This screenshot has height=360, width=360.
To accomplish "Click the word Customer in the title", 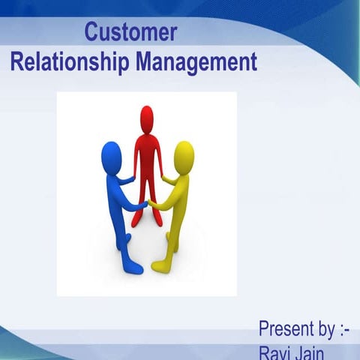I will click(130, 33).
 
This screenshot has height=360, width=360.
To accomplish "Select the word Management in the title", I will click(196, 61).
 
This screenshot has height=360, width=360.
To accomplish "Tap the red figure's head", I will click(147, 118).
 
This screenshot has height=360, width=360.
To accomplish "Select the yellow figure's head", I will click(184, 154).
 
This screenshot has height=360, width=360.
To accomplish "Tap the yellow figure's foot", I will click(160, 265).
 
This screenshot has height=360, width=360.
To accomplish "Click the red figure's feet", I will click(147, 220).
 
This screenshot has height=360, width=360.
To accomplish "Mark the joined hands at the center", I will click(147, 201).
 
